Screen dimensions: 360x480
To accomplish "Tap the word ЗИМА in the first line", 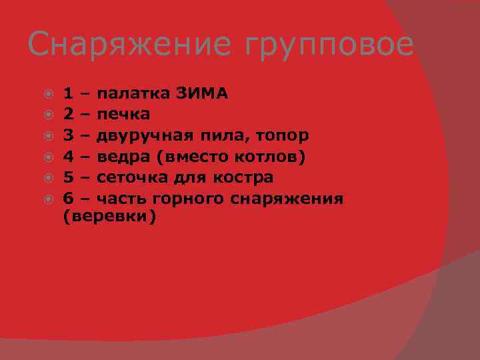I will point(203,93).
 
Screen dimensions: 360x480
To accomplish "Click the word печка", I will point(123,115).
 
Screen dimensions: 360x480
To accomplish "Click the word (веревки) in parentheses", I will point(109,217).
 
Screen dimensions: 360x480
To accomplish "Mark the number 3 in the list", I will point(68,136).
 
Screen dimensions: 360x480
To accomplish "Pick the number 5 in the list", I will point(68,178).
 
